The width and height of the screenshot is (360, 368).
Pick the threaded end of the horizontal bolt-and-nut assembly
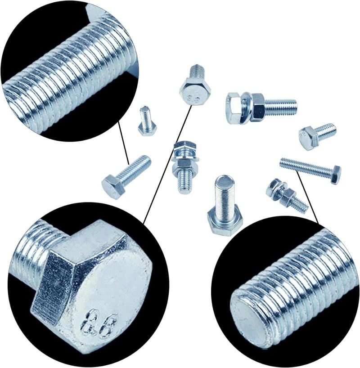coord(281,107)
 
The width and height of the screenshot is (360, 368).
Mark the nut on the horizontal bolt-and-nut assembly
coord(258,107)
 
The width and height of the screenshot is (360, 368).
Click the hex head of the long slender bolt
coord(335,175)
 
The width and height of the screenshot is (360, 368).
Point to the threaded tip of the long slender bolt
coord(283,162)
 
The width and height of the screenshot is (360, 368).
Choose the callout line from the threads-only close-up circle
coord(124,144)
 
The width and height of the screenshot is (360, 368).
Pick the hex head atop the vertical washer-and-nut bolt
coord(184,146)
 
